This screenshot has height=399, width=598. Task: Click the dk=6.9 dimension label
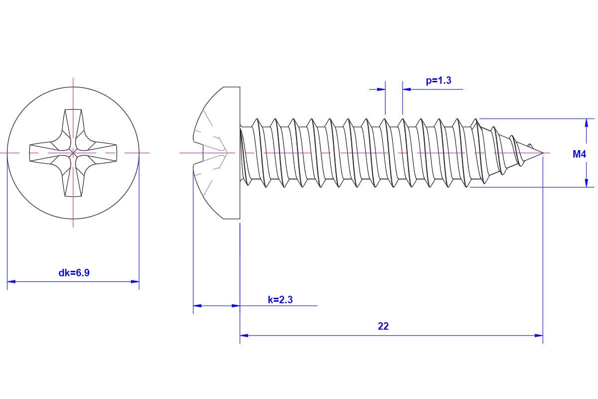click(74, 273)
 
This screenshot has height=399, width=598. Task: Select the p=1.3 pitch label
click(439, 80)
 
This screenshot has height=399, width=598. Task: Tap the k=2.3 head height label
click(280, 300)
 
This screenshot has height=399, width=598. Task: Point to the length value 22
click(383, 326)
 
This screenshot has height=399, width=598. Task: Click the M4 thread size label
click(579, 155)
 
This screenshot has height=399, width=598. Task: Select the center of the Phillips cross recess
click(73, 152)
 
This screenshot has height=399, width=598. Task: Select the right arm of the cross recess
click(102, 152)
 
